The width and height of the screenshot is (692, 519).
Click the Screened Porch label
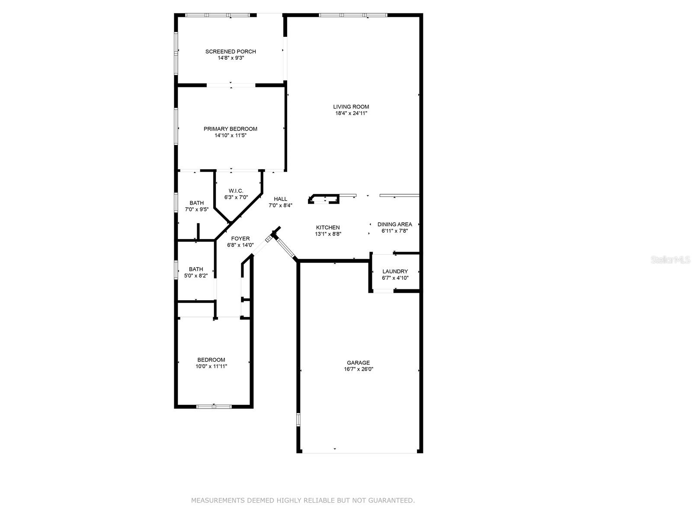coord(231,51)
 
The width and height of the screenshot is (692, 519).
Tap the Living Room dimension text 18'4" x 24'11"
coord(351,113)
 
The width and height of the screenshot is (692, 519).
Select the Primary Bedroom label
coord(231,129)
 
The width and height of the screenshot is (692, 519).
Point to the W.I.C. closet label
coord(236,191)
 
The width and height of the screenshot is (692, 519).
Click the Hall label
coord(280,199)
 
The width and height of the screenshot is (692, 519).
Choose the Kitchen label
coord(328,227)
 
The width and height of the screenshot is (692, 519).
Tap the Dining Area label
coord(394,224)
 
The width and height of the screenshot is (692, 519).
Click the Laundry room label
coord(395,272)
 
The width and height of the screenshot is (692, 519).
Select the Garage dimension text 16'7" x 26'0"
coord(359,369)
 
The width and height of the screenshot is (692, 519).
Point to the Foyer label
coord(240,239)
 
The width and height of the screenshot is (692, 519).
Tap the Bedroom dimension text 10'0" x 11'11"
coord(211,366)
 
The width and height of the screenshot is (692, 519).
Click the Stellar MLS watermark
coord(670,260)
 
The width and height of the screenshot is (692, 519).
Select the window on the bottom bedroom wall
coord(214,407)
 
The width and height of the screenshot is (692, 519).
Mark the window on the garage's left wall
coord(298,420)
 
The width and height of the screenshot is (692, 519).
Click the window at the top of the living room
coord(353,15)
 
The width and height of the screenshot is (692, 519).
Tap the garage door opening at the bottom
coord(359,452)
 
